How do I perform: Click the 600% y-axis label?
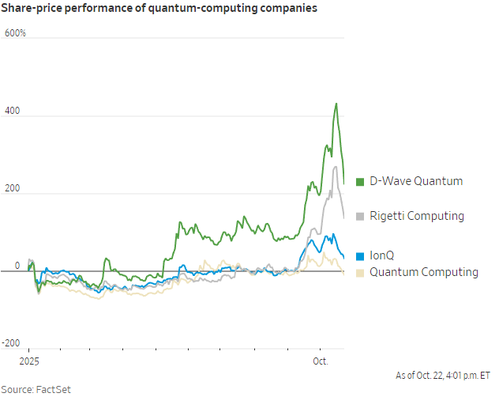pyautogui.click(x=16, y=33)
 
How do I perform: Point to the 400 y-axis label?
pyautogui.click(x=13, y=112)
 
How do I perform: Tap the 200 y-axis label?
pyautogui.click(x=13, y=189)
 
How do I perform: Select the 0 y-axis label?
pyautogui.click(x=6, y=267)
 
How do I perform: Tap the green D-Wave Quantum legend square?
pyautogui.click(x=361, y=182)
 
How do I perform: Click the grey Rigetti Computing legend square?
pyautogui.click(x=361, y=216)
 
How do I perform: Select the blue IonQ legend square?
pyautogui.click(x=361, y=255)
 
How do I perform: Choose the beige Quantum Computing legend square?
pyautogui.click(x=361, y=272)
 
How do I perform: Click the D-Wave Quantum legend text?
pyautogui.click(x=416, y=181)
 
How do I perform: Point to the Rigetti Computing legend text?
pyautogui.click(x=417, y=216)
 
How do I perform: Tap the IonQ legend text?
pyautogui.click(x=383, y=255)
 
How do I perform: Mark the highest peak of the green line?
pyautogui.click(x=336, y=104)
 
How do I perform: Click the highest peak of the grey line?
pyautogui.click(x=336, y=166)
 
